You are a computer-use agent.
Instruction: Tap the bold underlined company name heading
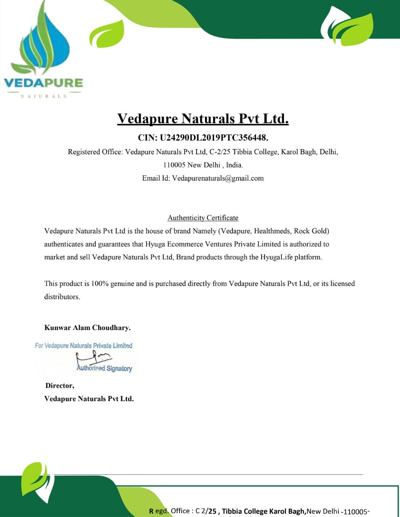[x=203, y=118]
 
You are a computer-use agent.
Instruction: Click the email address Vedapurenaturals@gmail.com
[x=218, y=178]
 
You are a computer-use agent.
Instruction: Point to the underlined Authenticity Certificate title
[x=203, y=218]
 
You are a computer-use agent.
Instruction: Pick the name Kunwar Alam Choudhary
[x=87, y=327]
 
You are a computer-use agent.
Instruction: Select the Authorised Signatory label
[x=104, y=369]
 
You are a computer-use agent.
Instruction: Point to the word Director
[x=60, y=386]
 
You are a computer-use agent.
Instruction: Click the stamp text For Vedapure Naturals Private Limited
[x=84, y=346]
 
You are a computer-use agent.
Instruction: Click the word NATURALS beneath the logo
[x=44, y=96]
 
